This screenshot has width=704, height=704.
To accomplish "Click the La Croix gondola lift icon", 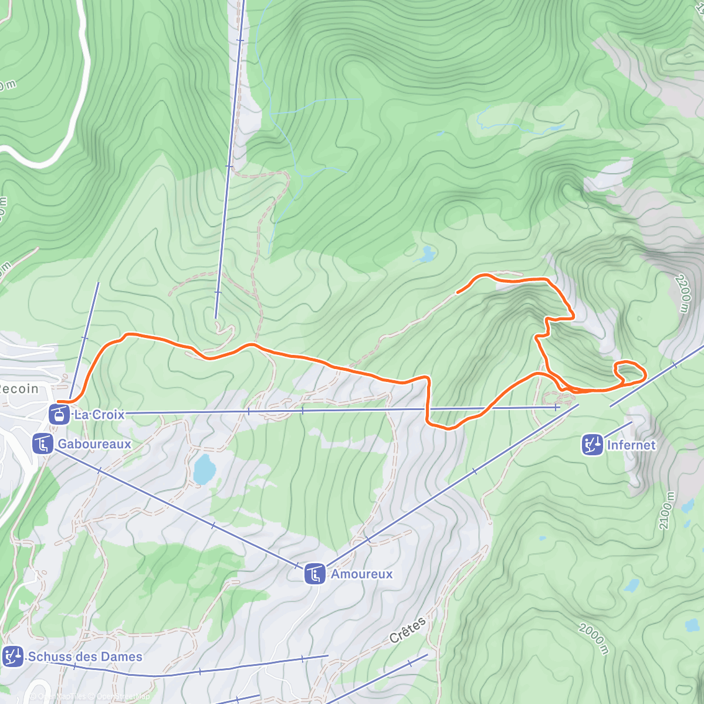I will point(57,414).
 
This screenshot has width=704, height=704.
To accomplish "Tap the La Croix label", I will point(99,414).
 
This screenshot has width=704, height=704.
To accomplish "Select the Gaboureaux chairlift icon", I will point(43,444).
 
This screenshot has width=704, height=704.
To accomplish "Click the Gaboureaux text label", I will point(94,444).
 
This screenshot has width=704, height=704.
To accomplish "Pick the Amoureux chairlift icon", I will point(315,574).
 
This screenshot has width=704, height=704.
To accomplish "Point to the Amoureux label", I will point(361,574).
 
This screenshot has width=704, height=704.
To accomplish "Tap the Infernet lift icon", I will point(592,445).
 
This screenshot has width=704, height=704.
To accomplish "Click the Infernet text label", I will point(631,445).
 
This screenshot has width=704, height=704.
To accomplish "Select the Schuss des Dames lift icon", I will point(12,656).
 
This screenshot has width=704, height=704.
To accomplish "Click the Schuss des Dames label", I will point(85,656).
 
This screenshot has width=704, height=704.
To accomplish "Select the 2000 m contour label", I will point(594,638).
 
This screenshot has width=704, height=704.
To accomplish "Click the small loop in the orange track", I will point(629,373).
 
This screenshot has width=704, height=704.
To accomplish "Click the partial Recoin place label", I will point(19,388).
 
